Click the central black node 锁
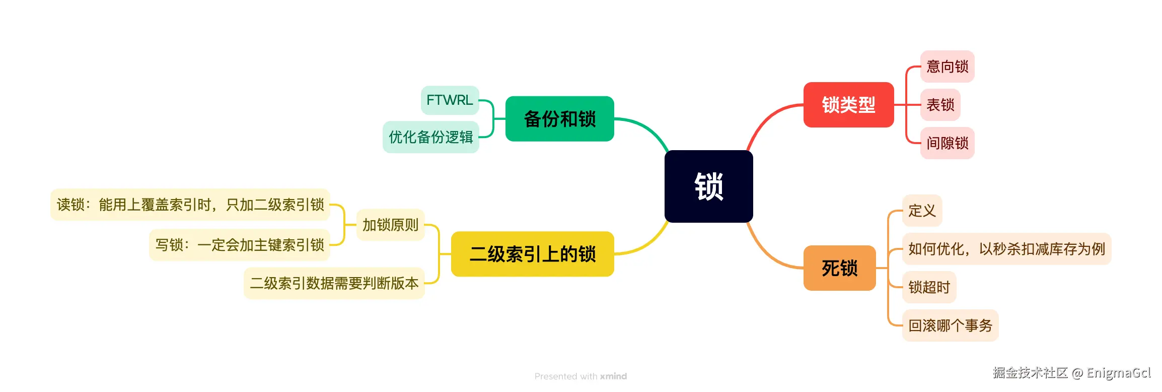tap(708, 186)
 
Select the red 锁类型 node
tap(848, 105)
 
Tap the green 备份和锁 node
tap(559, 119)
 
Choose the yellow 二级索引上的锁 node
tap(532, 254)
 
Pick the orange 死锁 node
tap(839, 268)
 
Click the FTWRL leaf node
tap(450, 100)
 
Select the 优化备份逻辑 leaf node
tap(430, 137)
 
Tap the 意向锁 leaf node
tap(947, 67)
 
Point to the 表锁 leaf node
tap(940, 105)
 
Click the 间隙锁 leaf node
tap(947, 143)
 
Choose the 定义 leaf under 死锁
tap(922, 211)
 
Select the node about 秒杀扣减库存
tap(1006, 249)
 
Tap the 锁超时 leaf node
tap(929, 287)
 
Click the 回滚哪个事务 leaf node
tap(950, 325)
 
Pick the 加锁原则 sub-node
tap(390, 225)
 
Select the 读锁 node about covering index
tap(190, 205)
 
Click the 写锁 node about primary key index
tap(239, 245)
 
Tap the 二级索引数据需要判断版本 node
tap(334, 283)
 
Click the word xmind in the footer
tap(613, 376)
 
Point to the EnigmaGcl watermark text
tap(1118, 373)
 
